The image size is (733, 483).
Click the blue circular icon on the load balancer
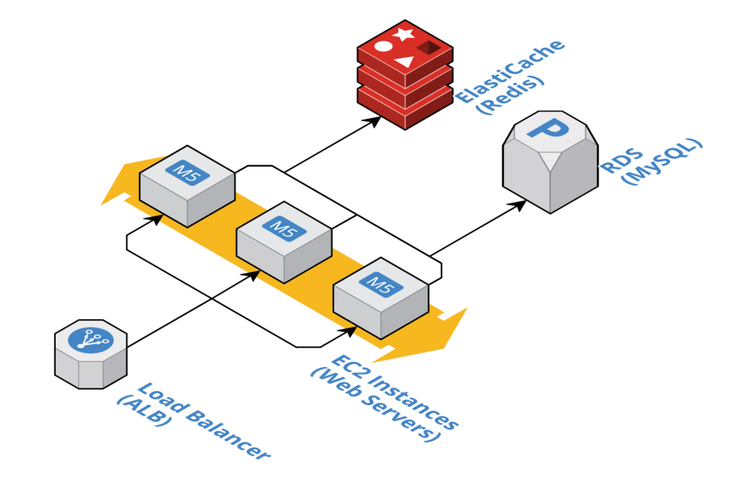click(91, 339)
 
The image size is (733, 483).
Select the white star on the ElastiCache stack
click(404, 34)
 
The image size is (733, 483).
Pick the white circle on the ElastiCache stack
click(384, 47)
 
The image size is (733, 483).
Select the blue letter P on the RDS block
click(550, 130)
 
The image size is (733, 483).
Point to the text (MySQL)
click(663, 161)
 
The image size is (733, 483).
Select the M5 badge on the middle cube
click(284, 228)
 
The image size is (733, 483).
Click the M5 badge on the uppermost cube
click(188, 172)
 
